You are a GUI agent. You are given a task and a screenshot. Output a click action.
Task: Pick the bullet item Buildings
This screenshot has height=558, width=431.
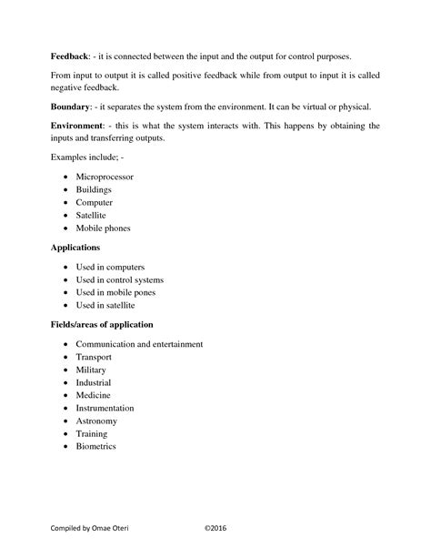click(95, 189)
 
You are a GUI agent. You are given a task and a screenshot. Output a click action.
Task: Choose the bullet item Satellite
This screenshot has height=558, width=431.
click(93, 215)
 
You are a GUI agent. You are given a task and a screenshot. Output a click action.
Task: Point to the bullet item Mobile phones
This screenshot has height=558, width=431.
click(103, 228)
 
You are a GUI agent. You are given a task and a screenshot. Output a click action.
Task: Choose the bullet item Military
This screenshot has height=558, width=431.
click(91, 370)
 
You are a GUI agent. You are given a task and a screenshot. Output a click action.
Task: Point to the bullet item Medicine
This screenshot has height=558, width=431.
click(93, 396)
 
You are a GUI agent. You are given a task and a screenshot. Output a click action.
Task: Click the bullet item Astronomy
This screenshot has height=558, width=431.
click(96, 421)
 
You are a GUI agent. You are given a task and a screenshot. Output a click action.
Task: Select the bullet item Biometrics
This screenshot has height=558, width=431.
click(95, 447)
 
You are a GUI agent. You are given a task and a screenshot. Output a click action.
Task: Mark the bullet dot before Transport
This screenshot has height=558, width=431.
click(66, 358)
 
